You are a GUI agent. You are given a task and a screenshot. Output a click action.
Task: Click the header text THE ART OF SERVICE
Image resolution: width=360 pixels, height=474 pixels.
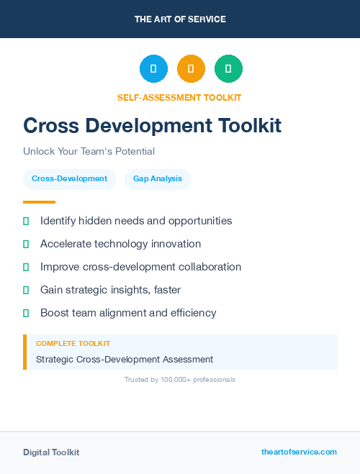(180, 19)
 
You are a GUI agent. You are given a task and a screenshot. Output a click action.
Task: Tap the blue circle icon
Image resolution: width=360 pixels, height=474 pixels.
(153, 69)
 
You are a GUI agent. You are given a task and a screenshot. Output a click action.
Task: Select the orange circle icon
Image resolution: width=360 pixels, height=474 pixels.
(191, 69)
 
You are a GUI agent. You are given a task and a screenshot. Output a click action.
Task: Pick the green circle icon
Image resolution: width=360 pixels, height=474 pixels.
(228, 69)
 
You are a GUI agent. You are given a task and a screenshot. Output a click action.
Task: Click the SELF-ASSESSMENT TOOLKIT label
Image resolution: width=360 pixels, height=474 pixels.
(180, 97)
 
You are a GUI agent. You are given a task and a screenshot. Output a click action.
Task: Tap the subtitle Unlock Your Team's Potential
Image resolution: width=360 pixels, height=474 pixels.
(89, 152)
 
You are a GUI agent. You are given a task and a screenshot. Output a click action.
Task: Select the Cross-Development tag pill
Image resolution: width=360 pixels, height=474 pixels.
(69, 178)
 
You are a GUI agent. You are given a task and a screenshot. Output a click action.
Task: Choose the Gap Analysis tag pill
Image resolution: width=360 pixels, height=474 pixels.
(158, 178)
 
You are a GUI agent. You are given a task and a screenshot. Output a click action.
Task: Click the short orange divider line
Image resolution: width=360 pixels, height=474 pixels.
(39, 202)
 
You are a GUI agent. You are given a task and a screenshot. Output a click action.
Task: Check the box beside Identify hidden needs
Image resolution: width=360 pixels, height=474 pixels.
(26, 221)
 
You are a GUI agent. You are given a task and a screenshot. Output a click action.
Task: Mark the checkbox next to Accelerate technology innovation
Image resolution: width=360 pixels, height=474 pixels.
(26, 244)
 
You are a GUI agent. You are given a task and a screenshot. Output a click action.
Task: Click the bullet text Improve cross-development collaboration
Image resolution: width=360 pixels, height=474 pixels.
(140, 267)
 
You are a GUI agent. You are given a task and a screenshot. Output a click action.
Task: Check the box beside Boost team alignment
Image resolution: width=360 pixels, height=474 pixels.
(26, 313)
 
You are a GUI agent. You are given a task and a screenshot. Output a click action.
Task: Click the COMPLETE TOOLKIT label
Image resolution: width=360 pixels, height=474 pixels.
(73, 344)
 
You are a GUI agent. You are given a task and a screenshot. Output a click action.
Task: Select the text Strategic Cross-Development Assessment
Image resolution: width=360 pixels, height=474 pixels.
(125, 359)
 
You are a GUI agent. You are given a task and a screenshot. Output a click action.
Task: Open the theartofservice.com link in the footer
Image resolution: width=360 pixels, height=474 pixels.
(299, 452)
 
